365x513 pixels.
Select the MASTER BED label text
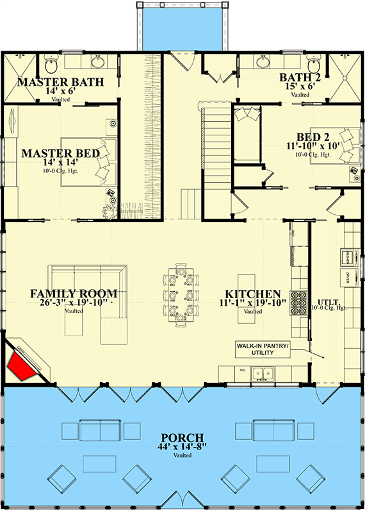[60, 153]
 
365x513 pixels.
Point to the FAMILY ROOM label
[74, 294]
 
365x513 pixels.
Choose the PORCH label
[182, 438]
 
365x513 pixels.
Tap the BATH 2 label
[300, 78]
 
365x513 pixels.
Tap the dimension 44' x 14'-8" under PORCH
[182, 447]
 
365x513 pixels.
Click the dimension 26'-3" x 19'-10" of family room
[74, 303]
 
